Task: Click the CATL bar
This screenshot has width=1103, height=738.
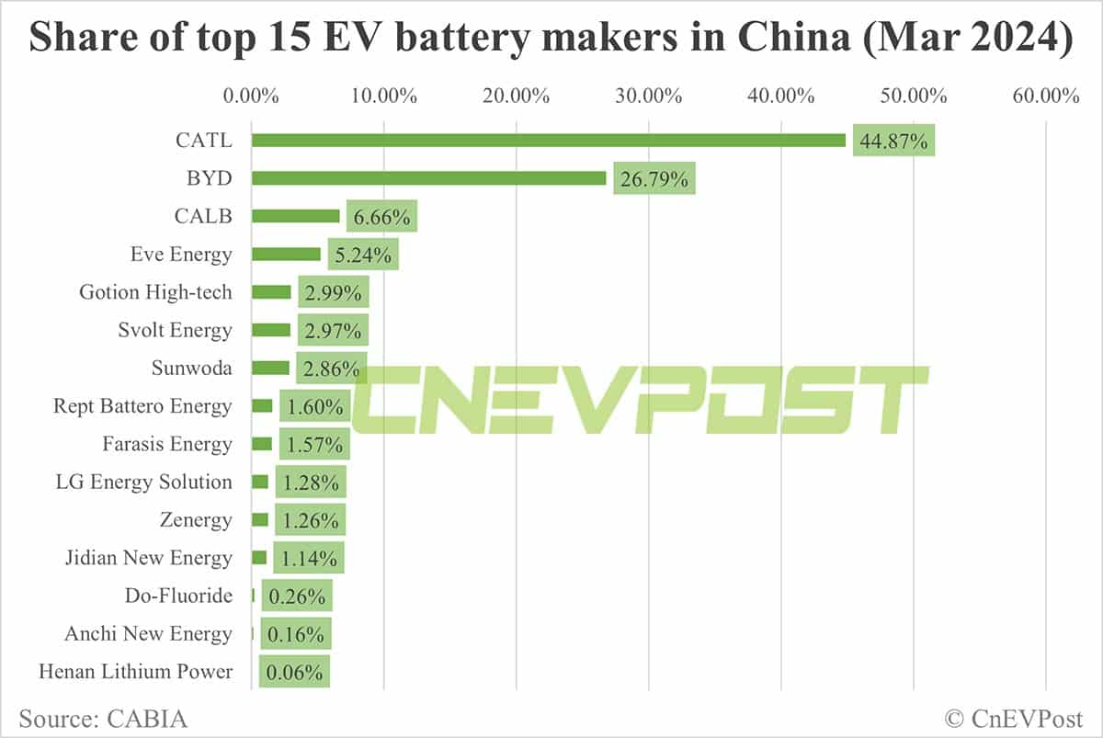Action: pyautogui.click(x=548, y=141)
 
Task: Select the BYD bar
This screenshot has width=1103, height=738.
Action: pyautogui.click(x=428, y=178)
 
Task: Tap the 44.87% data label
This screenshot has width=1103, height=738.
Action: pyautogui.click(x=893, y=142)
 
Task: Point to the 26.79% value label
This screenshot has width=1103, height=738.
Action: pyautogui.click(x=654, y=179)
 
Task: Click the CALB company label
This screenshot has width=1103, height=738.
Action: pyautogui.click(x=203, y=216)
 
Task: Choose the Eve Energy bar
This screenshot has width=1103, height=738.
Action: pyautogui.click(x=286, y=255)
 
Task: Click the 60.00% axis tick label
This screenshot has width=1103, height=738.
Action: pyautogui.click(x=1046, y=96)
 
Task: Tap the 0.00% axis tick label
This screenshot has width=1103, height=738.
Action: pyautogui.click(x=251, y=96)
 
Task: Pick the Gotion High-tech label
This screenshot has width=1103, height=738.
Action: pyautogui.click(x=156, y=292)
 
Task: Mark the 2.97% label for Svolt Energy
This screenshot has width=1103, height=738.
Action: pyautogui.click(x=333, y=331)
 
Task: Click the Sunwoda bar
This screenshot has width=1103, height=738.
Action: pyautogui.click(x=270, y=369)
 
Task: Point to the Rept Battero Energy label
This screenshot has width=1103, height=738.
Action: pyautogui.click(x=142, y=406)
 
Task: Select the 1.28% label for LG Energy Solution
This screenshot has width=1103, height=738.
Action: pyautogui.click(x=311, y=483)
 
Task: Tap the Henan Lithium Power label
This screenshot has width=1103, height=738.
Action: pyautogui.click(x=135, y=672)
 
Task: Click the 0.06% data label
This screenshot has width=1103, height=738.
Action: pyautogui.click(x=294, y=673)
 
